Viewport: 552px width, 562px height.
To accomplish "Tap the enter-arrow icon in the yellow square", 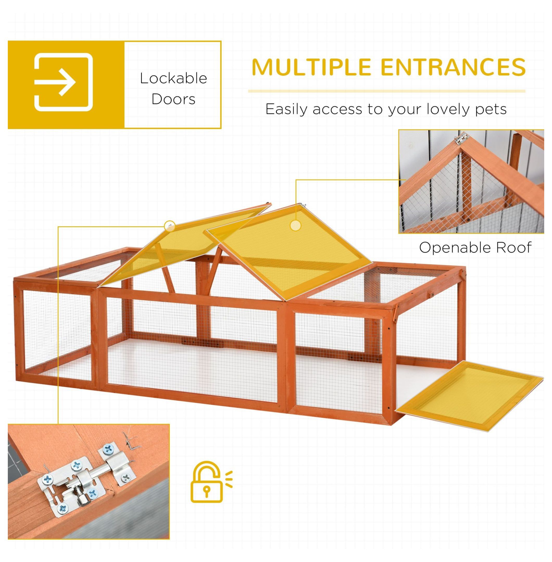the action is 64,82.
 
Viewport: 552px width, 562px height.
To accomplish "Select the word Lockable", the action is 173,79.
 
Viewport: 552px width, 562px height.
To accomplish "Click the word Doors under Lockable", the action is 173,99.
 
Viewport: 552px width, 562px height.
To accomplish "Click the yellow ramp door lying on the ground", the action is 470,401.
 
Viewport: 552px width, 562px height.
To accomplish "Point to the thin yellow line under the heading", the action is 386,91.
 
